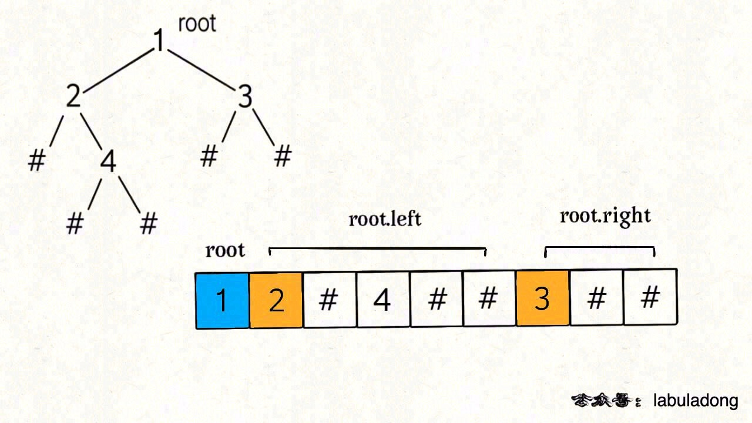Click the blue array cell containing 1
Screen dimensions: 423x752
click(x=222, y=300)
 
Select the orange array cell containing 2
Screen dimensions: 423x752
click(x=276, y=300)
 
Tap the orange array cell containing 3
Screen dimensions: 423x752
click(x=542, y=298)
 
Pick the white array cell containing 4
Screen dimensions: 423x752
click(x=382, y=300)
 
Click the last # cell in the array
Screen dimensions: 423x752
click(x=650, y=297)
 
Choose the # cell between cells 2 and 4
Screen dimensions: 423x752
click(x=329, y=300)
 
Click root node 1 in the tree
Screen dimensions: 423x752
click(x=159, y=40)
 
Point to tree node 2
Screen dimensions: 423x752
click(x=72, y=96)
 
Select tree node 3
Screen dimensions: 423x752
click(x=245, y=97)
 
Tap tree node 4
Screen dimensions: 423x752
click(x=108, y=162)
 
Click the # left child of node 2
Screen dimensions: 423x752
click(x=36, y=160)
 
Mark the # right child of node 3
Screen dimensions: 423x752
click(x=283, y=156)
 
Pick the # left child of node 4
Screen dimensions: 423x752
click(x=74, y=224)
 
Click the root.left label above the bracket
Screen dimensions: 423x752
click(x=385, y=219)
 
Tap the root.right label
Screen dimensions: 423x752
click(x=605, y=216)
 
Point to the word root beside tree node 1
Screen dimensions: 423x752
click(x=197, y=23)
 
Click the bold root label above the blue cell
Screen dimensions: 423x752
click(x=225, y=251)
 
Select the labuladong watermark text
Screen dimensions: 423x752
click(x=696, y=401)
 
